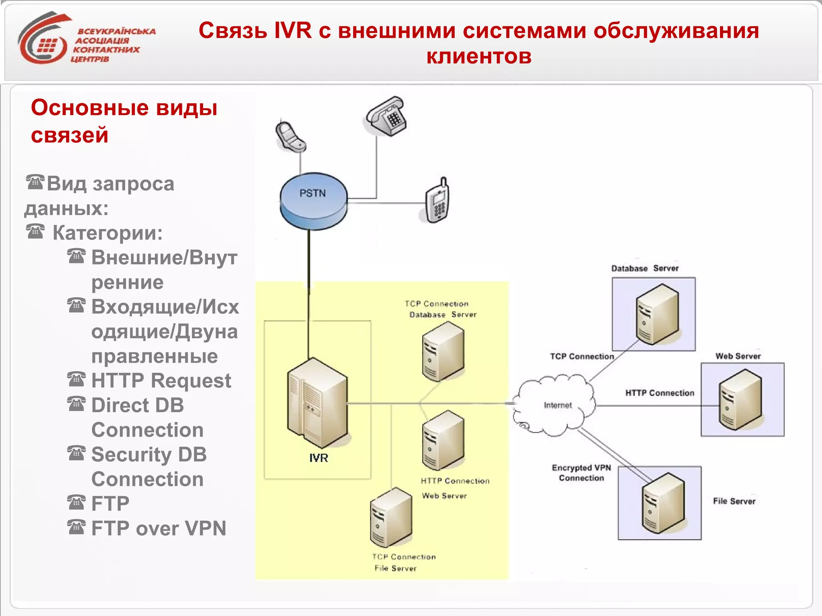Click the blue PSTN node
point(313,200)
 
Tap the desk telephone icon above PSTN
point(386,117)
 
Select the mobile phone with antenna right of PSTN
point(438,200)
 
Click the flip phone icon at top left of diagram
point(290,136)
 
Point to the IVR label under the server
point(319,458)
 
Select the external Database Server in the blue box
point(657,314)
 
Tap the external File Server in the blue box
point(663,503)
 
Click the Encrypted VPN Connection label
point(581,473)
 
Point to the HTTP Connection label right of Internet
point(659,393)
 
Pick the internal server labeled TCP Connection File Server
point(391,517)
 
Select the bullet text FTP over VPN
point(159,528)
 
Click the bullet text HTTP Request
point(161,381)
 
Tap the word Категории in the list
point(107,233)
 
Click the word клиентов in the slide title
point(478,56)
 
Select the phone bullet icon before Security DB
point(76,454)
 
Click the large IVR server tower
point(317,403)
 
